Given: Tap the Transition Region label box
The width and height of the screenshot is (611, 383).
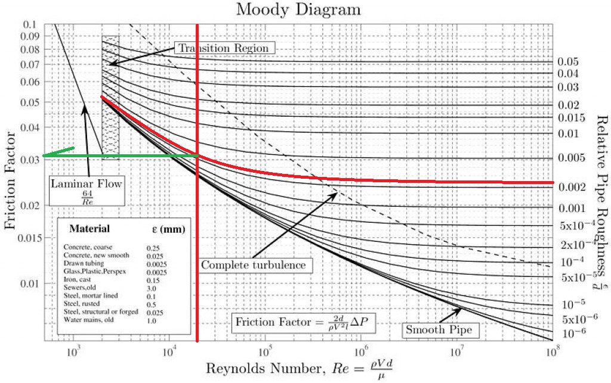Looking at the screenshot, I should [x=225, y=48].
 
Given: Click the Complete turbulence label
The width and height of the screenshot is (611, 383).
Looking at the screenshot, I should [x=254, y=264].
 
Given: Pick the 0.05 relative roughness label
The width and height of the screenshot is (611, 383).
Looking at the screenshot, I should [x=569, y=61].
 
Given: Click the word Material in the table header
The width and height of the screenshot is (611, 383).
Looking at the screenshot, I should [x=90, y=229].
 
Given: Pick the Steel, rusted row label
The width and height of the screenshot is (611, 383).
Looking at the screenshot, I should [x=82, y=303].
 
